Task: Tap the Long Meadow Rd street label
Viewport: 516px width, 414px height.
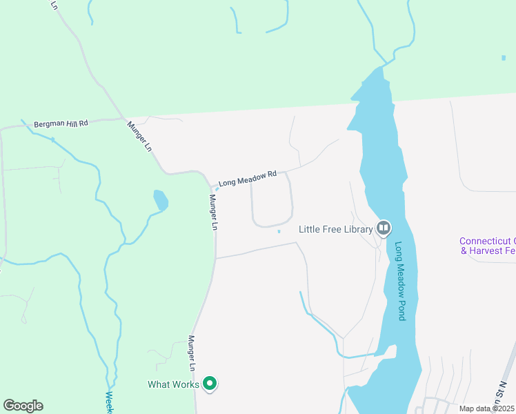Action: tap(247, 179)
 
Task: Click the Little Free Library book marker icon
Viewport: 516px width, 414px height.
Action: tap(384, 228)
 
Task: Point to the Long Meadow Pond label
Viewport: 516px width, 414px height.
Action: tap(400, 280)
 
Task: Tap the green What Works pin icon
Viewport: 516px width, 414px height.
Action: tap(210, 384)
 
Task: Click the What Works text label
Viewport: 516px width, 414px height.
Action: tap(173, 384)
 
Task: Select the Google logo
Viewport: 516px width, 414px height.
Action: tap(23, 406)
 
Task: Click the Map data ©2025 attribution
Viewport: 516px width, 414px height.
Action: tap(486, 408)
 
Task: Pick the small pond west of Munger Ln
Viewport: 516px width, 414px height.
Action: tap(160, 200)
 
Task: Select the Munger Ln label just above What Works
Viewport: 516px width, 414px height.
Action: tap(193, 353)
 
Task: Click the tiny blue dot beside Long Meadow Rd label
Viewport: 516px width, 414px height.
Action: tap(217, 189)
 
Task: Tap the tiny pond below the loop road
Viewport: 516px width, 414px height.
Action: tap(279, 232)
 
